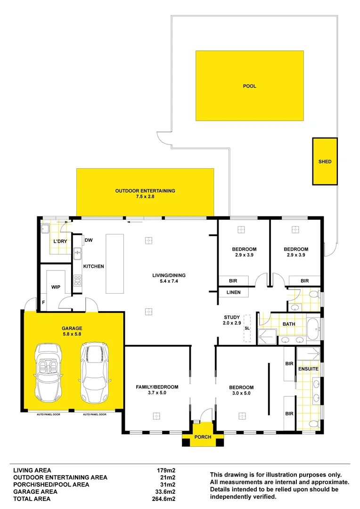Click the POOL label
pyautogui.click(x=250, y=86)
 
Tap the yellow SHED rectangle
pyautogui.click(x=325, y=161)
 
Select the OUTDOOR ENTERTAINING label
pyautogui.click(x=145, y=191)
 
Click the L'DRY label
pyautogui.click(x=59, y=241)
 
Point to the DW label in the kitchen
pyautogui.click(x=88, y=240)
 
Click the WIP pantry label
pyautogui.click(x=56, y=287)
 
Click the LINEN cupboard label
pyautogui.click(x=233, y=292)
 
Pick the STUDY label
pyautogui.click(x=232, y=317)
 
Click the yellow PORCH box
pyautogui.click(x=203, y=437)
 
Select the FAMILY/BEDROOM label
pyautogui.click(x=157, y=387)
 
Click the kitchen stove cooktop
pyautogui.click(x=78, y=280)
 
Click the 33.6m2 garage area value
pyautogui.click(x=166, y=492)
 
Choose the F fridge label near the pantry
pyautogui.click(x=43, y=303)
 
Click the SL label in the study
pyautogui.click(x=247, y=328)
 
